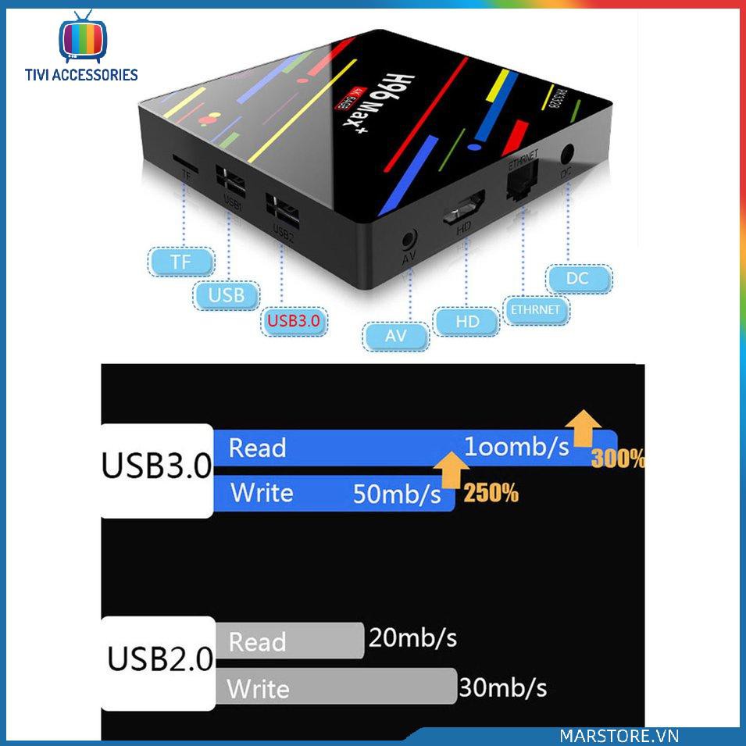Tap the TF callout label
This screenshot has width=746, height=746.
180,262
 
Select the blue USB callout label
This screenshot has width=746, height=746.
227,294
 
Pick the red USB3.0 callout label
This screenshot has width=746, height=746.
294,320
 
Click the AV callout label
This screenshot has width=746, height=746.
396,337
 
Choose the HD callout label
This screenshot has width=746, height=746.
467,320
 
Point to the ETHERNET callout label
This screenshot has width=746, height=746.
536,309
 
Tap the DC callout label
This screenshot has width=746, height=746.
579,278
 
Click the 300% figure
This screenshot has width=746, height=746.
618,459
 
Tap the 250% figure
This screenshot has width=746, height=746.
491,494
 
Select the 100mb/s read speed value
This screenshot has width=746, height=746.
516,447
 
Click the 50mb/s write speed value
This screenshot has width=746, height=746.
397,494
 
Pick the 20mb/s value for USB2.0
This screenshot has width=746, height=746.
412,638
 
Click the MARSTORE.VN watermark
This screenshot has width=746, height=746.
619,736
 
